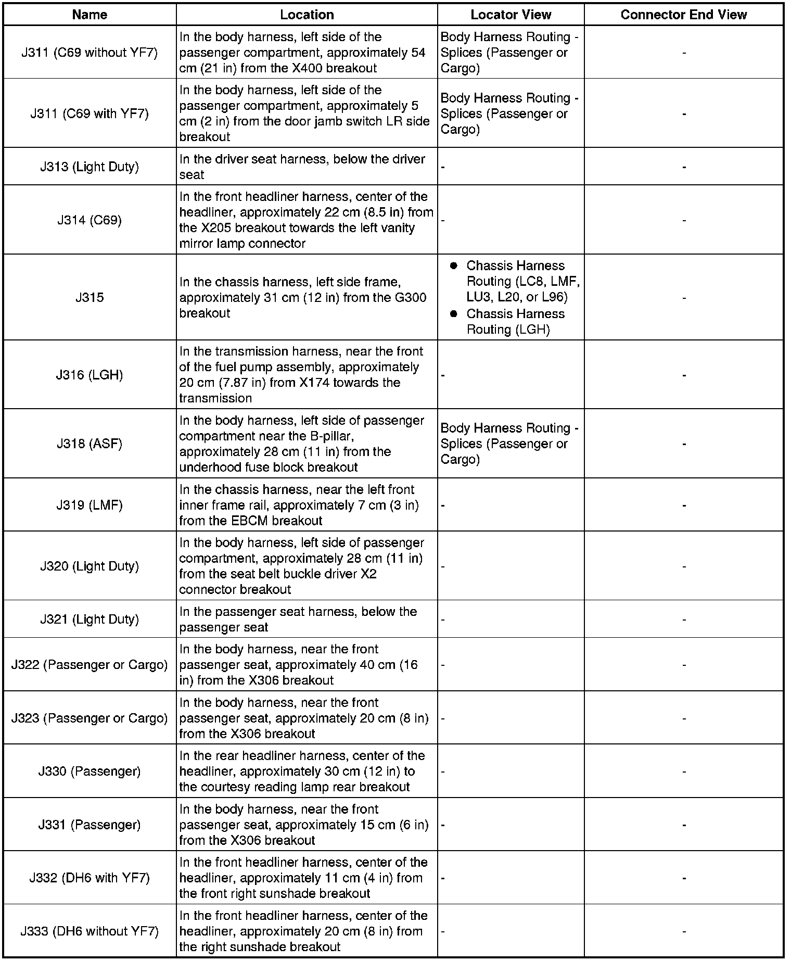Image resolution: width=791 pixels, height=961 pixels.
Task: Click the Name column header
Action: coord(90,15)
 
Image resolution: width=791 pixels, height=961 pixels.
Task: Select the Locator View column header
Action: coord(511,15)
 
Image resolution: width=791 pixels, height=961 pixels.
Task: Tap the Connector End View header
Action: coord(683,15)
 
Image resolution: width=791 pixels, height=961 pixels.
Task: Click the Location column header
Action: coord(307,15)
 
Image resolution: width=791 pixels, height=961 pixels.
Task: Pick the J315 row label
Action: coord(90,297)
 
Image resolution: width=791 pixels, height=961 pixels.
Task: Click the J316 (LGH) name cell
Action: coord(90,375)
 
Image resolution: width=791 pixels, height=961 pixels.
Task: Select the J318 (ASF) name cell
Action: coord(90,444)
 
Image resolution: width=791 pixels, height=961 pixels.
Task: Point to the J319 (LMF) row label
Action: coord(90,505)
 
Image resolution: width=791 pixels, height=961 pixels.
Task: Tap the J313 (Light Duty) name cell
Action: coord(90,167)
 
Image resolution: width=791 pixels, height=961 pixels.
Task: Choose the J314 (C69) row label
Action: coord(90,220)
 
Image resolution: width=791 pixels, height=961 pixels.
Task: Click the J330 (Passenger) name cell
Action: coord(90,771)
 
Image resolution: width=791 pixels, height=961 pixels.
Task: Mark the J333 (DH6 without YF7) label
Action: coord(90,931)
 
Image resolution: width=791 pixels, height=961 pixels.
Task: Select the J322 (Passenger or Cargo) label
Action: coord(90,665)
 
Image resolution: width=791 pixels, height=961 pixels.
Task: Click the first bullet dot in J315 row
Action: coord(453,266)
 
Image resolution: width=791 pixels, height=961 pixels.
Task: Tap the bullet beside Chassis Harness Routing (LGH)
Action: coord(453,314)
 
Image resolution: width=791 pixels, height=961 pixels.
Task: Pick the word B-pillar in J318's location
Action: coord(331,436)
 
